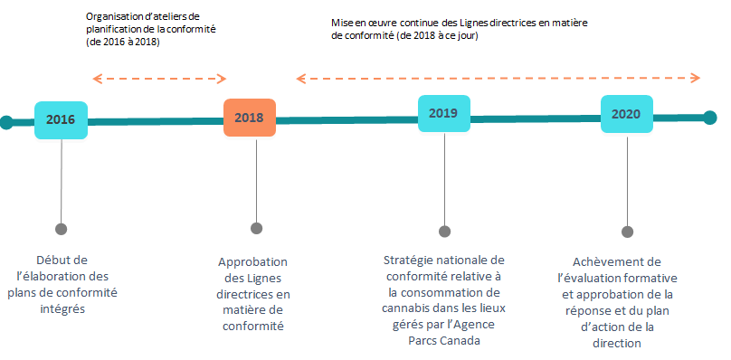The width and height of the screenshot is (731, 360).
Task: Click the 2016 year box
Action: point(61,119)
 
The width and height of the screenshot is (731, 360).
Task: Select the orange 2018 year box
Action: point(249,118)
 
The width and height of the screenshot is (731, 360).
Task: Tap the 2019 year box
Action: point(443,114)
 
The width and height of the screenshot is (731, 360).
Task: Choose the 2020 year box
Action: point(626,114)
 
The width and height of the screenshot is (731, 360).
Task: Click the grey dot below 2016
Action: point(62,229)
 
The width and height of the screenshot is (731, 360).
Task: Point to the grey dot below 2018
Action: point(257,228)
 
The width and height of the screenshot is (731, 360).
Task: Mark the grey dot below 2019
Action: point(444,231)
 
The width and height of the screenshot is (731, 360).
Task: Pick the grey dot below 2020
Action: point(628,232)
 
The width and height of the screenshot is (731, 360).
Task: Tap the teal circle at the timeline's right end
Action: point(710,117)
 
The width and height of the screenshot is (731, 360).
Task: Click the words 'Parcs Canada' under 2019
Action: point(443,340)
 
